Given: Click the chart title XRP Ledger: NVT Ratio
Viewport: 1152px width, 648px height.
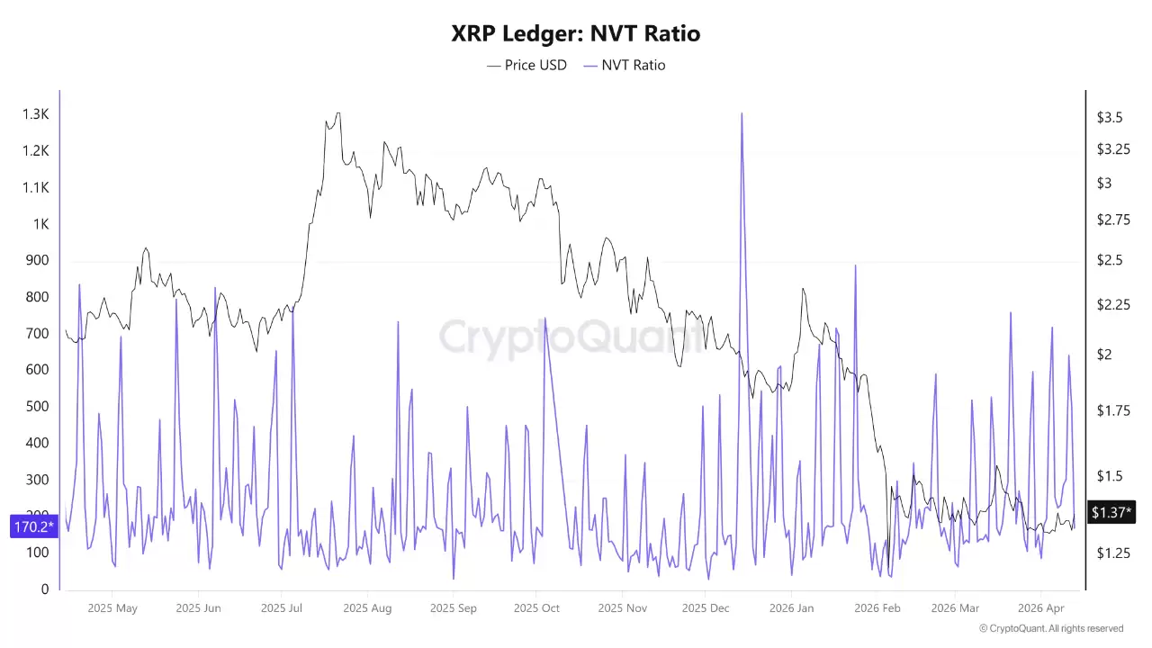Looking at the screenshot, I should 575,34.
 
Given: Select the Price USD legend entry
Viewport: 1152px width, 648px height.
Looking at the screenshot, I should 527,65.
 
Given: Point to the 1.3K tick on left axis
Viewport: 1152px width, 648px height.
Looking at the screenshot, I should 36,114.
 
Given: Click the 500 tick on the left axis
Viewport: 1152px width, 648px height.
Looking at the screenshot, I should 37,407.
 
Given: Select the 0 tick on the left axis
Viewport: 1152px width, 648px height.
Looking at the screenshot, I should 45,589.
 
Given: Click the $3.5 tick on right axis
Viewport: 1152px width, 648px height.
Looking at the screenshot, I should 1109,118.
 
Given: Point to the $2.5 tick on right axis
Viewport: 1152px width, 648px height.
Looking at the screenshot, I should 1109,260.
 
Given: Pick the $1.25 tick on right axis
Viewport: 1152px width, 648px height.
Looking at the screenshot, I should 1111,553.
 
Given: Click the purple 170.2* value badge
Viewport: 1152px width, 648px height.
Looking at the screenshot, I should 34,526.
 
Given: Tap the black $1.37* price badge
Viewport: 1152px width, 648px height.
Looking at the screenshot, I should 1111,512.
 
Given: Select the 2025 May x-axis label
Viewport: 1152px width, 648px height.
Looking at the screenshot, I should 112,608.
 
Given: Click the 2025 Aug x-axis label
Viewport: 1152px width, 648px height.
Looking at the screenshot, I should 367,608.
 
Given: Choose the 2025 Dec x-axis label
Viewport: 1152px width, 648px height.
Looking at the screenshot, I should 706,608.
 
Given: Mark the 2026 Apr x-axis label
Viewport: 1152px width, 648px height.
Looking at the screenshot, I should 1041,608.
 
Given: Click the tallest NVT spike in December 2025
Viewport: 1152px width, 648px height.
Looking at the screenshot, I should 742,115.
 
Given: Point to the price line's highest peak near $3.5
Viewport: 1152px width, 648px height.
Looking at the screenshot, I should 337,113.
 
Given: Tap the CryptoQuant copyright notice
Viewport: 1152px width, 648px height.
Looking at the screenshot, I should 1050,628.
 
